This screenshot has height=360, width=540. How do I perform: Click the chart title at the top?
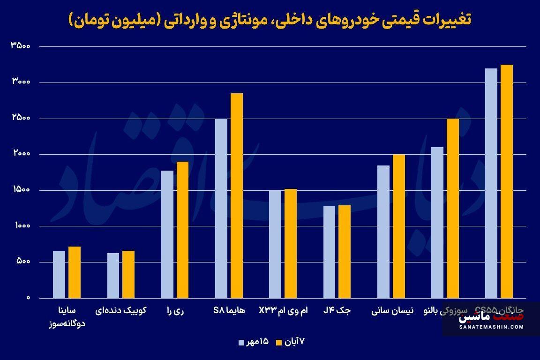click(x=270, y=20)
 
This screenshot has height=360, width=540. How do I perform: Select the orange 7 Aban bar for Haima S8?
click(x=237, y=195)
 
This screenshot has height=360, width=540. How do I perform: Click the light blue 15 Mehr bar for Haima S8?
click(x=221, y=208)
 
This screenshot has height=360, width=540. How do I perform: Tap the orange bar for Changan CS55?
click(x=507, y=181)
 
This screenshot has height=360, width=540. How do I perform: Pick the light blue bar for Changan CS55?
click(x=491, y=183)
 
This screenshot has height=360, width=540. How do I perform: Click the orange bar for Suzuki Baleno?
click(x=453, y=208)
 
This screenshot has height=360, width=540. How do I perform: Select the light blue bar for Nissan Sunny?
click(x=383, y=232)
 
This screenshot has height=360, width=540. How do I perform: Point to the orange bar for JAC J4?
click(x=345, y=252)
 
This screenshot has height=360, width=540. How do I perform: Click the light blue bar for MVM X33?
click(x=275, y=245)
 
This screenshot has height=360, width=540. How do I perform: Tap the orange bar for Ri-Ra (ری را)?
click(x=182, y=230)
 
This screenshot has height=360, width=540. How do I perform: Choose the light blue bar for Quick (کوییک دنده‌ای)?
click(x=113, y=276)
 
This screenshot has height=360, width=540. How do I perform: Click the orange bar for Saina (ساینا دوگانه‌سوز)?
click(x=75, y=272)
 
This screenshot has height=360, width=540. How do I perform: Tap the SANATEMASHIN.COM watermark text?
click(x=491, y=327)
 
